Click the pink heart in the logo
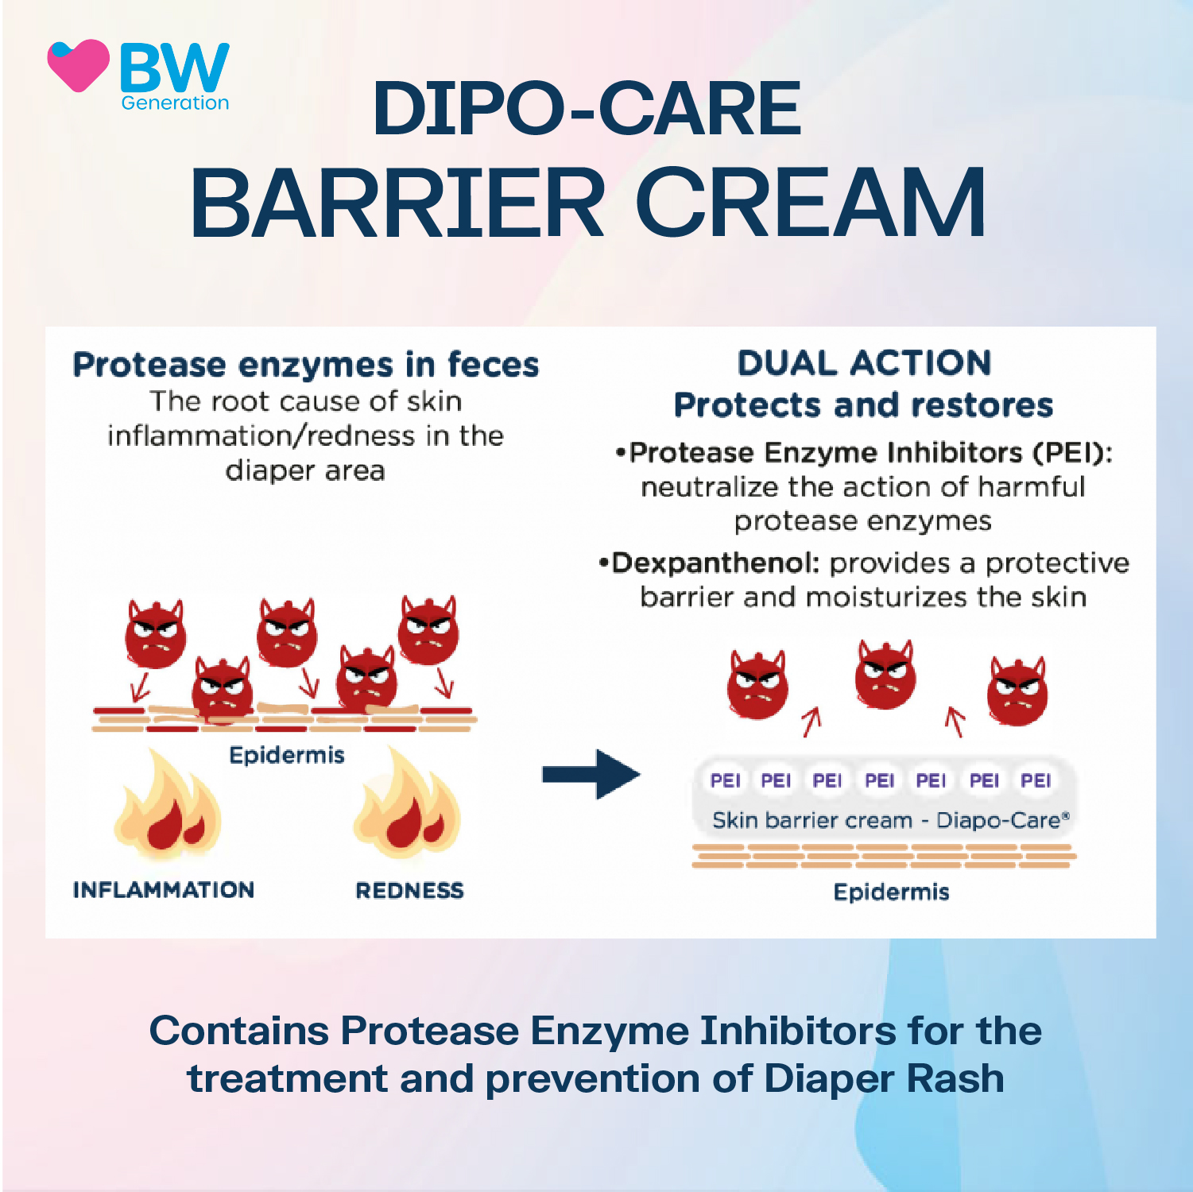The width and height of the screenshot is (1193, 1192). tap(78, 65)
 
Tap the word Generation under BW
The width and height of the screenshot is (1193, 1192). tap(175, 103)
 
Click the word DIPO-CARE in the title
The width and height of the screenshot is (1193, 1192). tap(587, 109)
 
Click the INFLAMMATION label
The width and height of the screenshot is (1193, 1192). tap(164, 889)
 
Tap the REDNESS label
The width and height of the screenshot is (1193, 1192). tap(409, 890)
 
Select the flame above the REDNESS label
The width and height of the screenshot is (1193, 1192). tap(408, 807)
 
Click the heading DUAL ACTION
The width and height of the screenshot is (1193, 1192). tap(864, 363)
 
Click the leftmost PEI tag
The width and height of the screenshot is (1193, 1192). tap(725, 780)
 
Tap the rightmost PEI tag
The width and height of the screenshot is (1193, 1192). tap(1036, 780)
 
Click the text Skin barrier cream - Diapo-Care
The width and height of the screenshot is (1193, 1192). tap(890, 820)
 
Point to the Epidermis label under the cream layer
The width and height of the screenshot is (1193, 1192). tap(891, 892)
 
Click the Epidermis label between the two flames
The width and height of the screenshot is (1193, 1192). tap(287, 754)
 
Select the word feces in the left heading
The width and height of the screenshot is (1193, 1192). tap(493, 365)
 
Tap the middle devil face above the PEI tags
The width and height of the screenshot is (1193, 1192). tap(885, 675)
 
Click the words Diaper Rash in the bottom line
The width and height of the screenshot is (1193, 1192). tap(884, 1078)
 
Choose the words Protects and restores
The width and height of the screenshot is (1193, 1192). tap(863, 405)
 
